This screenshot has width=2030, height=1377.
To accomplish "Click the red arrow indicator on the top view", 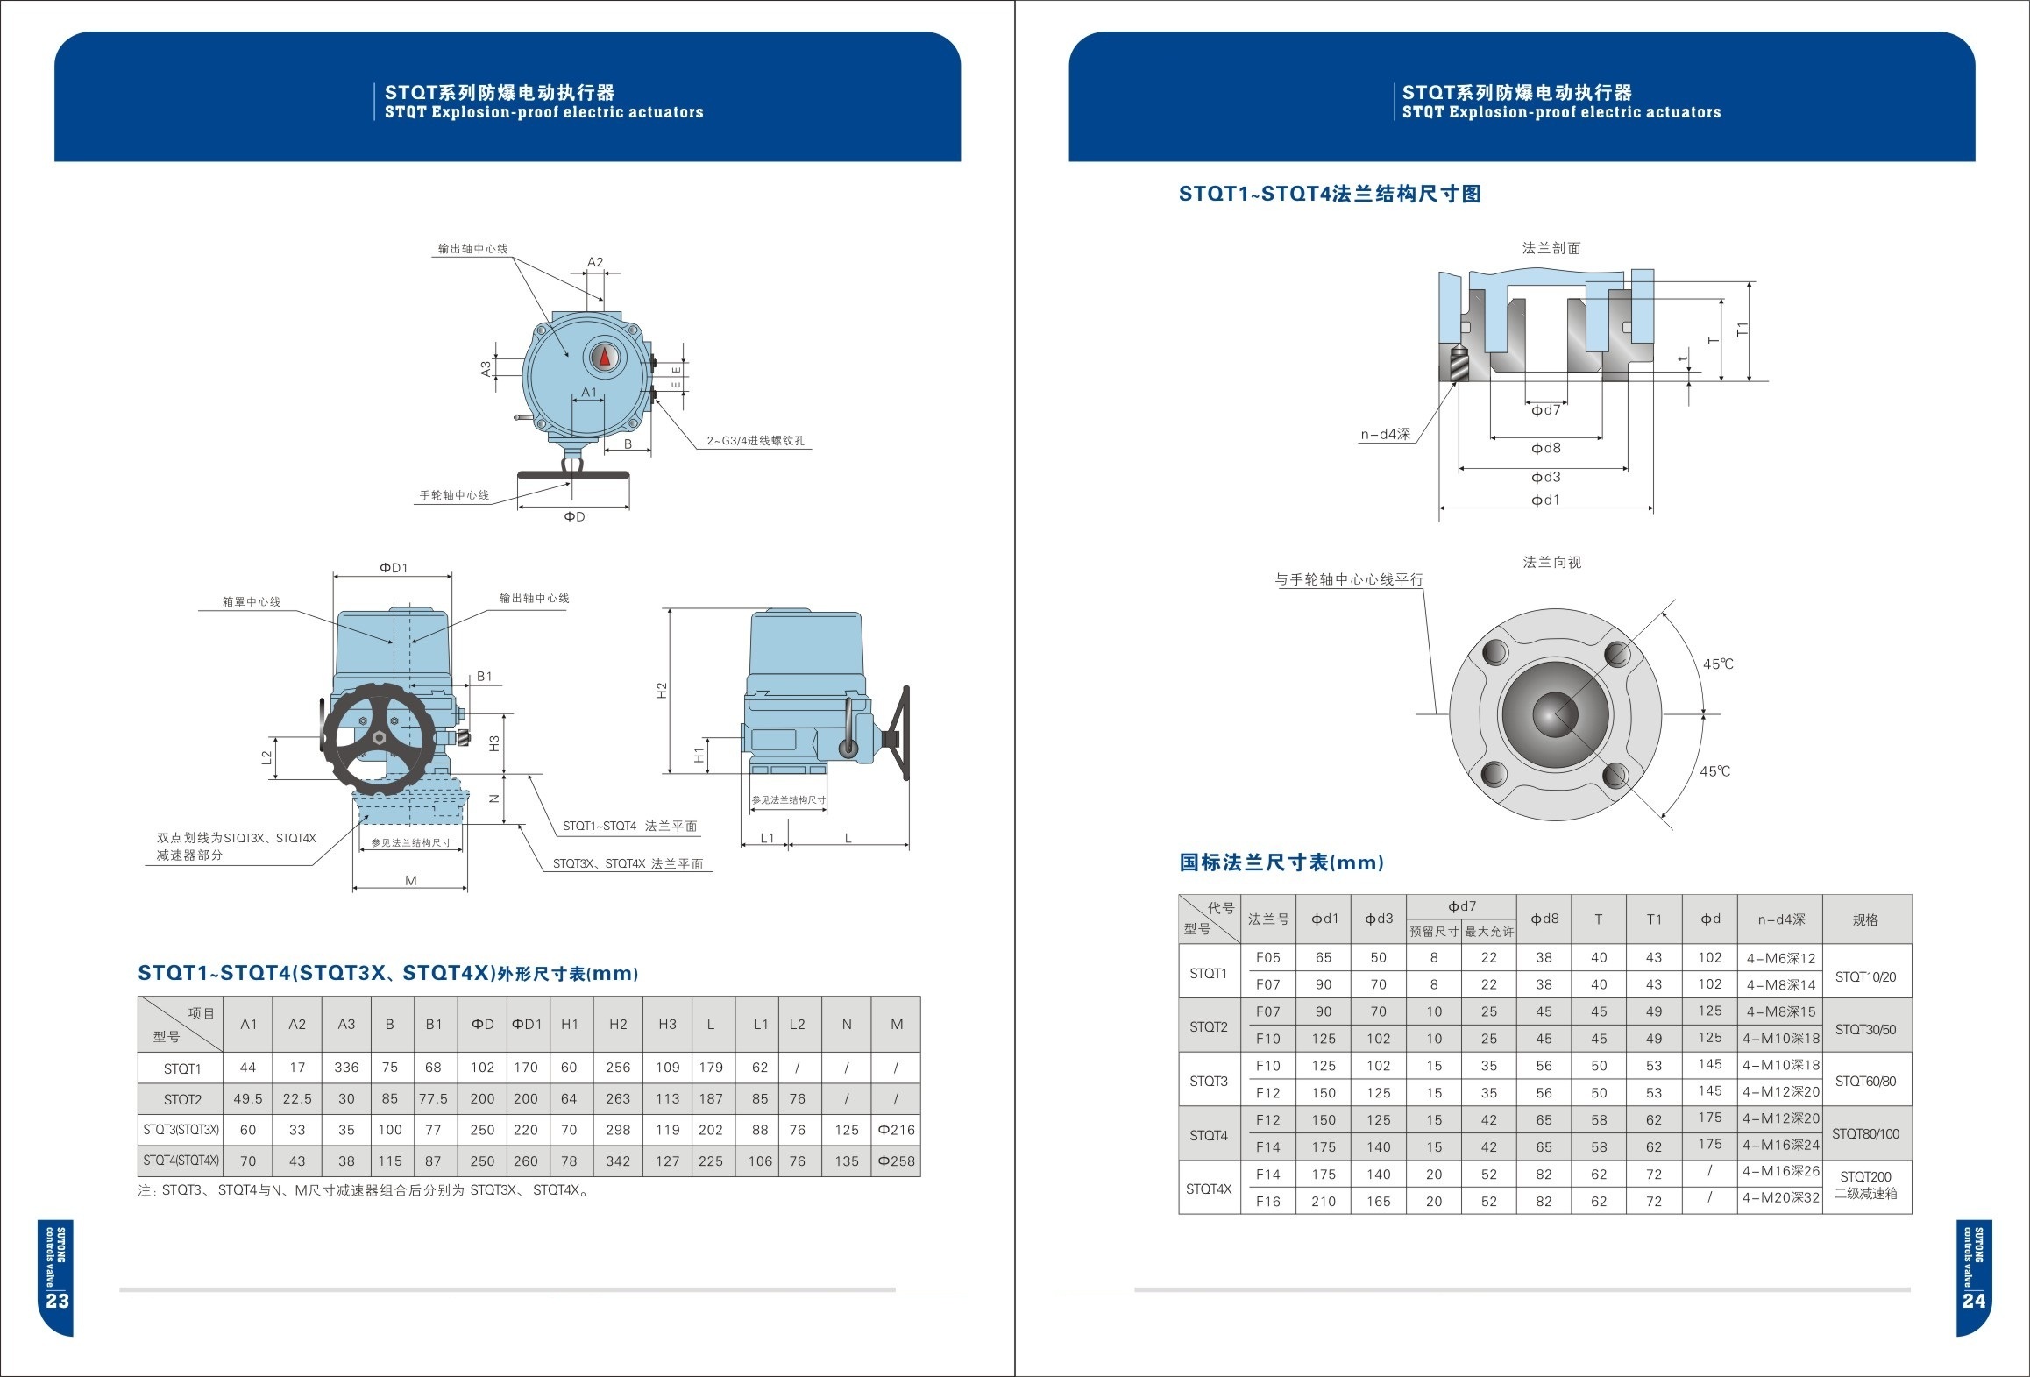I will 604,358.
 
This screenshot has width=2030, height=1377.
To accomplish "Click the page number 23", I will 57,1301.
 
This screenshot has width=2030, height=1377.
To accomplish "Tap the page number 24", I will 1974,1301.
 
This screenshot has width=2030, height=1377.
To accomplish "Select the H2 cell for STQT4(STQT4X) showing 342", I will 618,1161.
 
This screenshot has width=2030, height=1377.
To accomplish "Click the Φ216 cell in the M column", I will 896,1131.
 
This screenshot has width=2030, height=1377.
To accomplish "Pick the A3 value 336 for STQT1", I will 346,1068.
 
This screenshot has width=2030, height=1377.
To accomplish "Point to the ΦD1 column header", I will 526,1024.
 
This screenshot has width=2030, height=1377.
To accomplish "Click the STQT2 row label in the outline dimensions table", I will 182,1099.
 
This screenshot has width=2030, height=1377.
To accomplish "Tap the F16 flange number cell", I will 1267,1202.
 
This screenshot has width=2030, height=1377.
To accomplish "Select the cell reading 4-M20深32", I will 1780,1198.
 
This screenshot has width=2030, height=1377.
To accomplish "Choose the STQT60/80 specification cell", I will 1865,1082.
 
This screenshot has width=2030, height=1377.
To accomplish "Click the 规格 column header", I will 1865,919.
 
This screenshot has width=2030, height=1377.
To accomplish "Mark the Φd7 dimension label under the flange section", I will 1545,410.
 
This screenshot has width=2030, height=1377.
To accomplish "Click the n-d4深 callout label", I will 1385,435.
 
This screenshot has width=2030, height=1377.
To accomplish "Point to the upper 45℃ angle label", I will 1718,664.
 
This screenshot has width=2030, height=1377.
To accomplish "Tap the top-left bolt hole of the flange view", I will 1494,653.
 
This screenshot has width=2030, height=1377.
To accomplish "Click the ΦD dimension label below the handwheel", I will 574,517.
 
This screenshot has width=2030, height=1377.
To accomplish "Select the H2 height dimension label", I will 662,691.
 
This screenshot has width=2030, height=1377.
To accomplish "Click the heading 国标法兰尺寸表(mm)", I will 1281,862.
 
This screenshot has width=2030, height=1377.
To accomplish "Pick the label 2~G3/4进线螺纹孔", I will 756,441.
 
